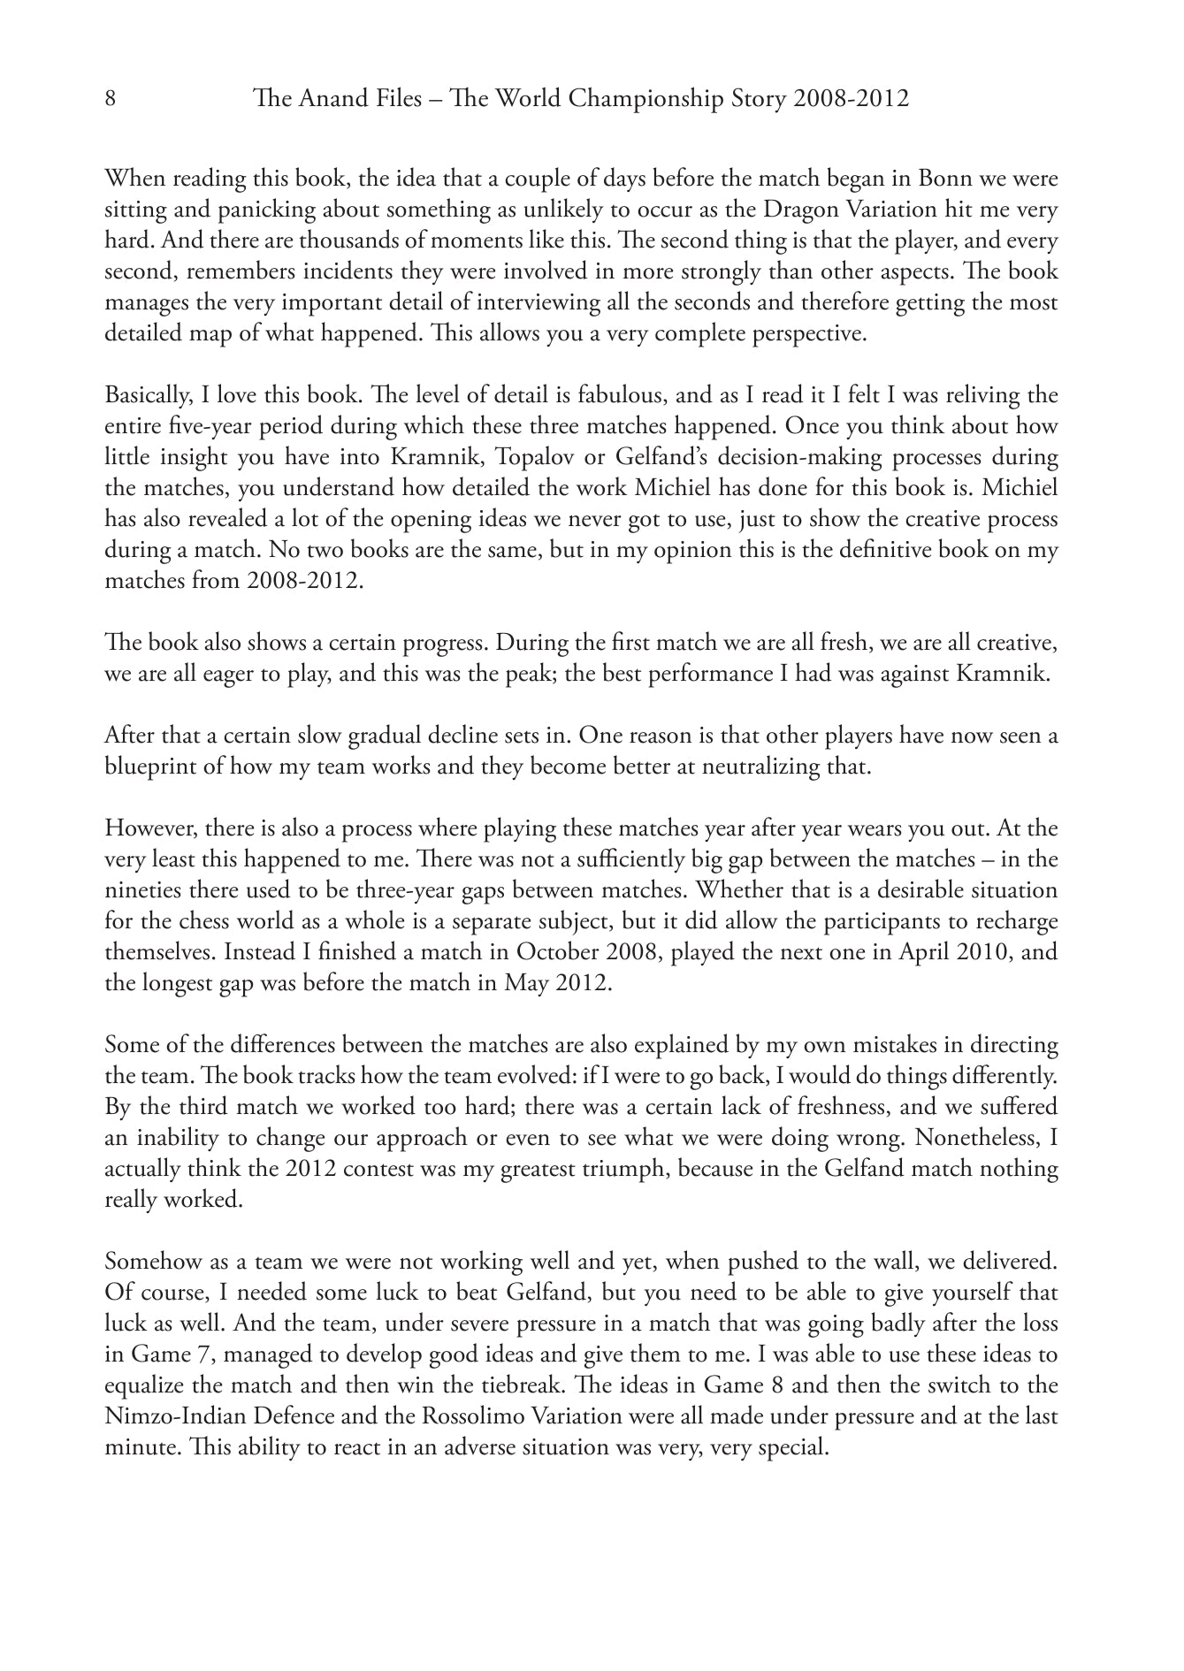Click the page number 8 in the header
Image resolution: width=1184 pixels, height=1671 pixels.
click(111, 98)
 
